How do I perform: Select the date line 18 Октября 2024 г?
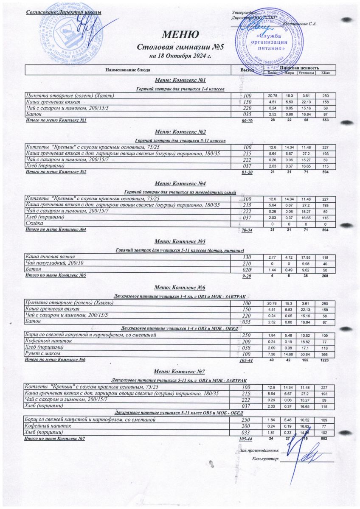(x=180, y=55)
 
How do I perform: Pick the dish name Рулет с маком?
(x=42, y=353)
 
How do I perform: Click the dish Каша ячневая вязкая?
(x=50, y=257)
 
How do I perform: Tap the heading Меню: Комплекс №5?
(x=180, y=241)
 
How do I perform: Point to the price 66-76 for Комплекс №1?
(x=247, y=121)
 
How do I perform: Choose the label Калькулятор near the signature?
(x=265, y=459)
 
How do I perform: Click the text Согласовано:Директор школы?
(x=63, y=12)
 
